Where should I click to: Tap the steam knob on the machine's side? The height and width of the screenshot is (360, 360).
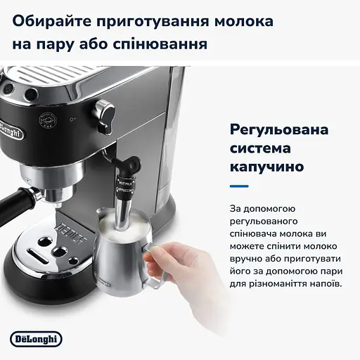tap(105, 110)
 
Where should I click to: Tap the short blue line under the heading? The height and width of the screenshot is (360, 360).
tap(240, 187)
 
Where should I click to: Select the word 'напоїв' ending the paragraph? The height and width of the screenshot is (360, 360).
tap(319, 283)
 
